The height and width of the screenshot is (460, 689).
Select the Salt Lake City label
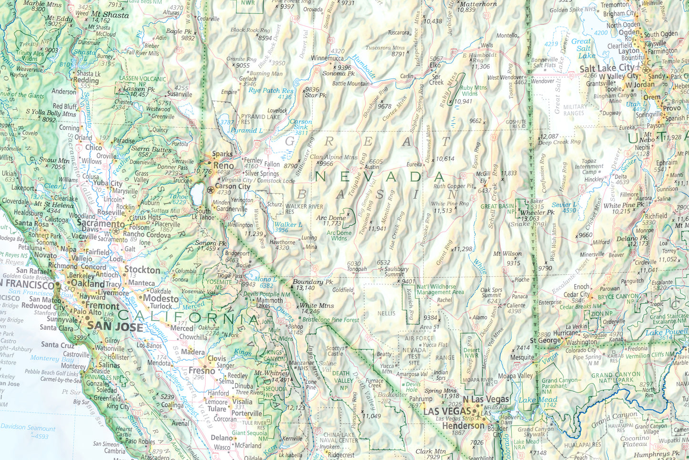point(607,68)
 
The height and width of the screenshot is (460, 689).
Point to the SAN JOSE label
point(115,327)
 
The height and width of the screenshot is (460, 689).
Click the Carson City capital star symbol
point(211,189)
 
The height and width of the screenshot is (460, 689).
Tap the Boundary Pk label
point(313,282)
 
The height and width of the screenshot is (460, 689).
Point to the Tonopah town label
point(357,269)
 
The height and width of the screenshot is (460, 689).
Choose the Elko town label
point(435,65)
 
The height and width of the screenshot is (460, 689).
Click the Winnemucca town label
point(327,58)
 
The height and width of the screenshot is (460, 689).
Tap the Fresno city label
point(202,370)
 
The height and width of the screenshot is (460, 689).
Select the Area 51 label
point(429,327)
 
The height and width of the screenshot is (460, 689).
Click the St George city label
point(545,340)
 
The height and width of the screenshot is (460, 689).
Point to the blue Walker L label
point(288,224)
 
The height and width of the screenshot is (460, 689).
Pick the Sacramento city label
point(101,223)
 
